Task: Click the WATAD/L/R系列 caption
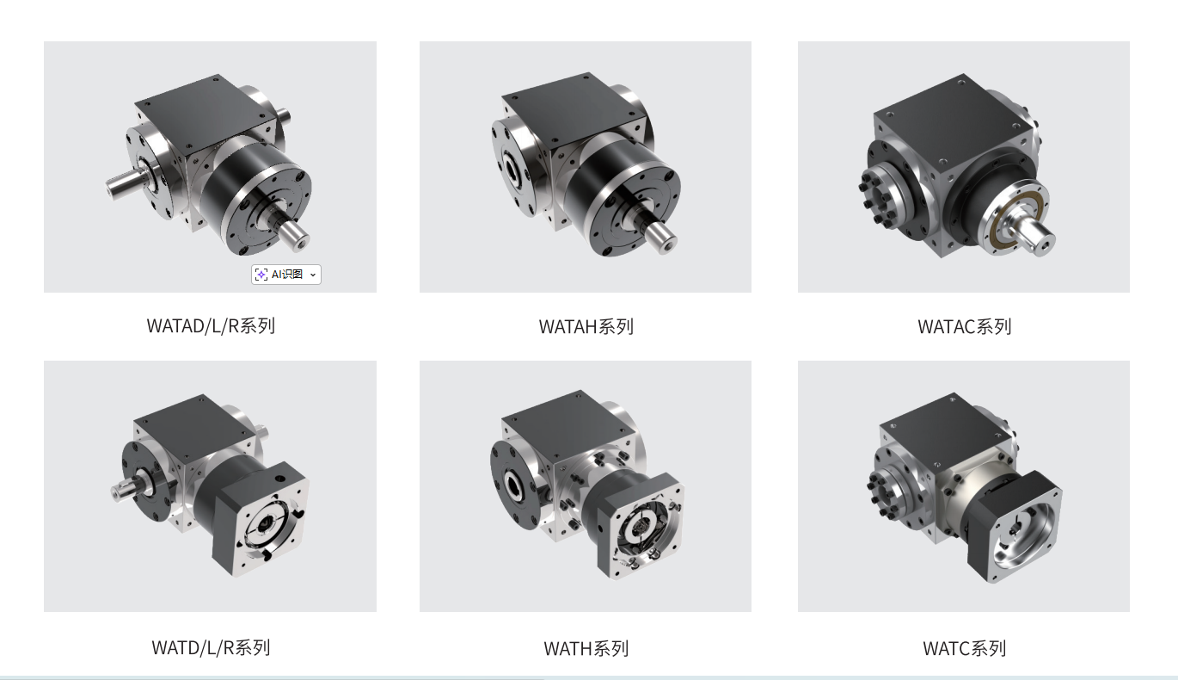coord(211,326)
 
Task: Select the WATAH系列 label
coord(586,327)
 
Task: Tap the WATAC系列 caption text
coord(965,327)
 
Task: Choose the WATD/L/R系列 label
coord(211,648)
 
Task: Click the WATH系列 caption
coord(586,648)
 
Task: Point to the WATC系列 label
coord(965,648)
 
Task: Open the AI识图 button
coord(286,275)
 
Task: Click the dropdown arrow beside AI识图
coord(313,275)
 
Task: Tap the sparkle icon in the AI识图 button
coord(261,275)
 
